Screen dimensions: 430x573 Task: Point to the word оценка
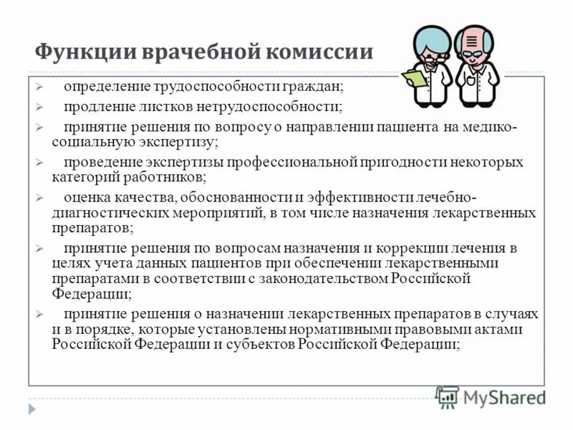(85, 197)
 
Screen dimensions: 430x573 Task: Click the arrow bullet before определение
(41, 87)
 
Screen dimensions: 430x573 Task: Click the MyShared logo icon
(447, 396)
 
